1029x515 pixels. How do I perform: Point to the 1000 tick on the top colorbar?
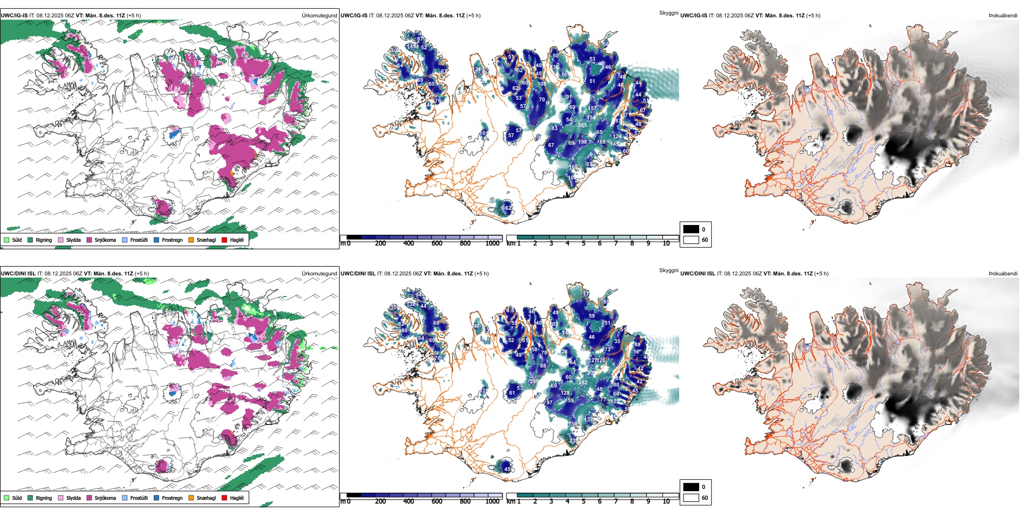[492, 243]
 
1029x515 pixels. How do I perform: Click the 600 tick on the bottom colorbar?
[437, 501]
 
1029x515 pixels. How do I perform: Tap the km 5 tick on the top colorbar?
[583, 243]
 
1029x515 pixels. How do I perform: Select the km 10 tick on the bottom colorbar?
[666, 501]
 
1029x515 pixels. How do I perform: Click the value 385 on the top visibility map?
[582, 125]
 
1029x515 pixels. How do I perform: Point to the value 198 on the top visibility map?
[582, 142]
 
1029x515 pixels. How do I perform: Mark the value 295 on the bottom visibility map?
[533, 382]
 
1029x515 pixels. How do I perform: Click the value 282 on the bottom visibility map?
[583, 383]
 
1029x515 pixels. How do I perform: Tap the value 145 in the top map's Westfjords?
[411, 47]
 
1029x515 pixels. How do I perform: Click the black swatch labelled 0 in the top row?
[691, 229]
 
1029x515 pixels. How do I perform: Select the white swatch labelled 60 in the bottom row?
[691, 498]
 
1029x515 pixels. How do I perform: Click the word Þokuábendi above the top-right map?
[1003, 16]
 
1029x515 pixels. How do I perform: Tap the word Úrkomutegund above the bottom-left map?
[319, 274]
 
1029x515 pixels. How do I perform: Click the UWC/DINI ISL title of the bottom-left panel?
[18, 274]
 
